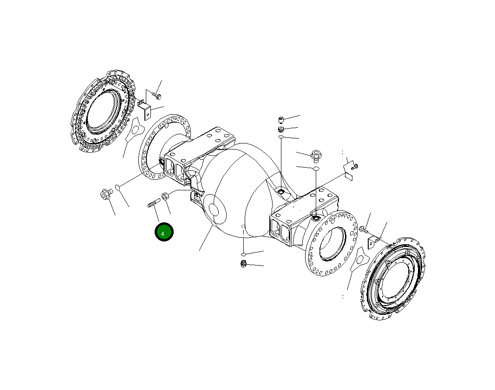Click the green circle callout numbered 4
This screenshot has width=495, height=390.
(x=164, y=232)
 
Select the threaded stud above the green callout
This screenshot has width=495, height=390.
(x=154, y=202)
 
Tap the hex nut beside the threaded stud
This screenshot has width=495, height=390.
(x=165, y=196)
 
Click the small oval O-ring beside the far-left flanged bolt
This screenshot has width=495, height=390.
(x=118, y=188)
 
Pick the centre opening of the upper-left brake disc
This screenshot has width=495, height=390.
(x=103, y=111)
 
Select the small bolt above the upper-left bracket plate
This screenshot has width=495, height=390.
(x=156, y=94)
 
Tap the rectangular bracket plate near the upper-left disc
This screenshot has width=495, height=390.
(x=147, y=112)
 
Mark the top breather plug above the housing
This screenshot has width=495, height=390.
(x=281, y=120)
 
